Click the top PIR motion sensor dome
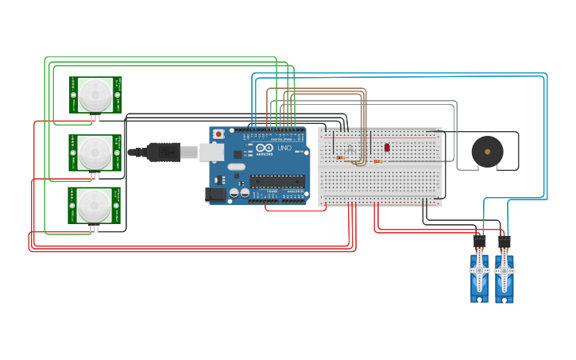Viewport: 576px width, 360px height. [95, 95]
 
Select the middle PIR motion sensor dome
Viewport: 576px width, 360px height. [95, 151]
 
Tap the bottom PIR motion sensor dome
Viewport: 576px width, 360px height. [95, 206]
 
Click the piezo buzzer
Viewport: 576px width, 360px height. [487, 151]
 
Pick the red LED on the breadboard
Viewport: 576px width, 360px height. [387, 147]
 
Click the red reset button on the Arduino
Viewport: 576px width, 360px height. [218, 134]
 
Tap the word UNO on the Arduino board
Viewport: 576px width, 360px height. [284, 149]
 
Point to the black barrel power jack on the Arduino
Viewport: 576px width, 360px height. [215, 194]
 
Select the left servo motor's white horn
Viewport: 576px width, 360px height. [479, 271]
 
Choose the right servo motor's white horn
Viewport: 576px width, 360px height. [504, 271]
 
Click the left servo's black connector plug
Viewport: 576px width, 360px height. [479, 240]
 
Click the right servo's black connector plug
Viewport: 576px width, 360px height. [504, 240]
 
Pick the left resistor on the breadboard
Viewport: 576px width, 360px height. [341, 157]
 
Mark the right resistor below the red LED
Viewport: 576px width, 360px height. [377, 161]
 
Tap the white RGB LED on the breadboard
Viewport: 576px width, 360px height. [350, 148]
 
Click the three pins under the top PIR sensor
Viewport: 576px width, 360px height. [95, 118]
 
